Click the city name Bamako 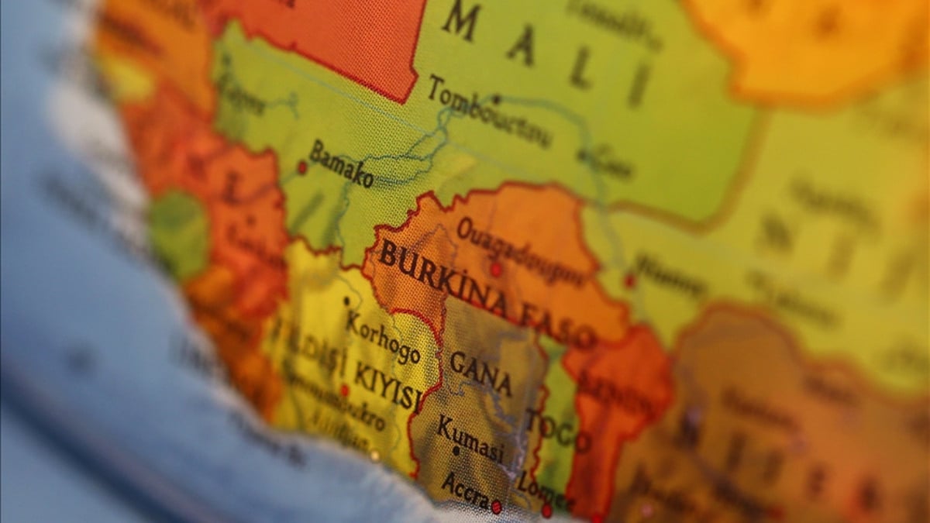(341, 164)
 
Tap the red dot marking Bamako (302, 167)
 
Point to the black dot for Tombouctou (496, 99)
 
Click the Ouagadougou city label (519, 250)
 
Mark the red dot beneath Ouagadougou (495, 269)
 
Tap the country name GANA (480, 372)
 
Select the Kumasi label (470, 437)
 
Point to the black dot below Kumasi (456, 450)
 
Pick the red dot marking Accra (496, 507)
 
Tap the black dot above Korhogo (346, 300)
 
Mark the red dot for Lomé (546, 511)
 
